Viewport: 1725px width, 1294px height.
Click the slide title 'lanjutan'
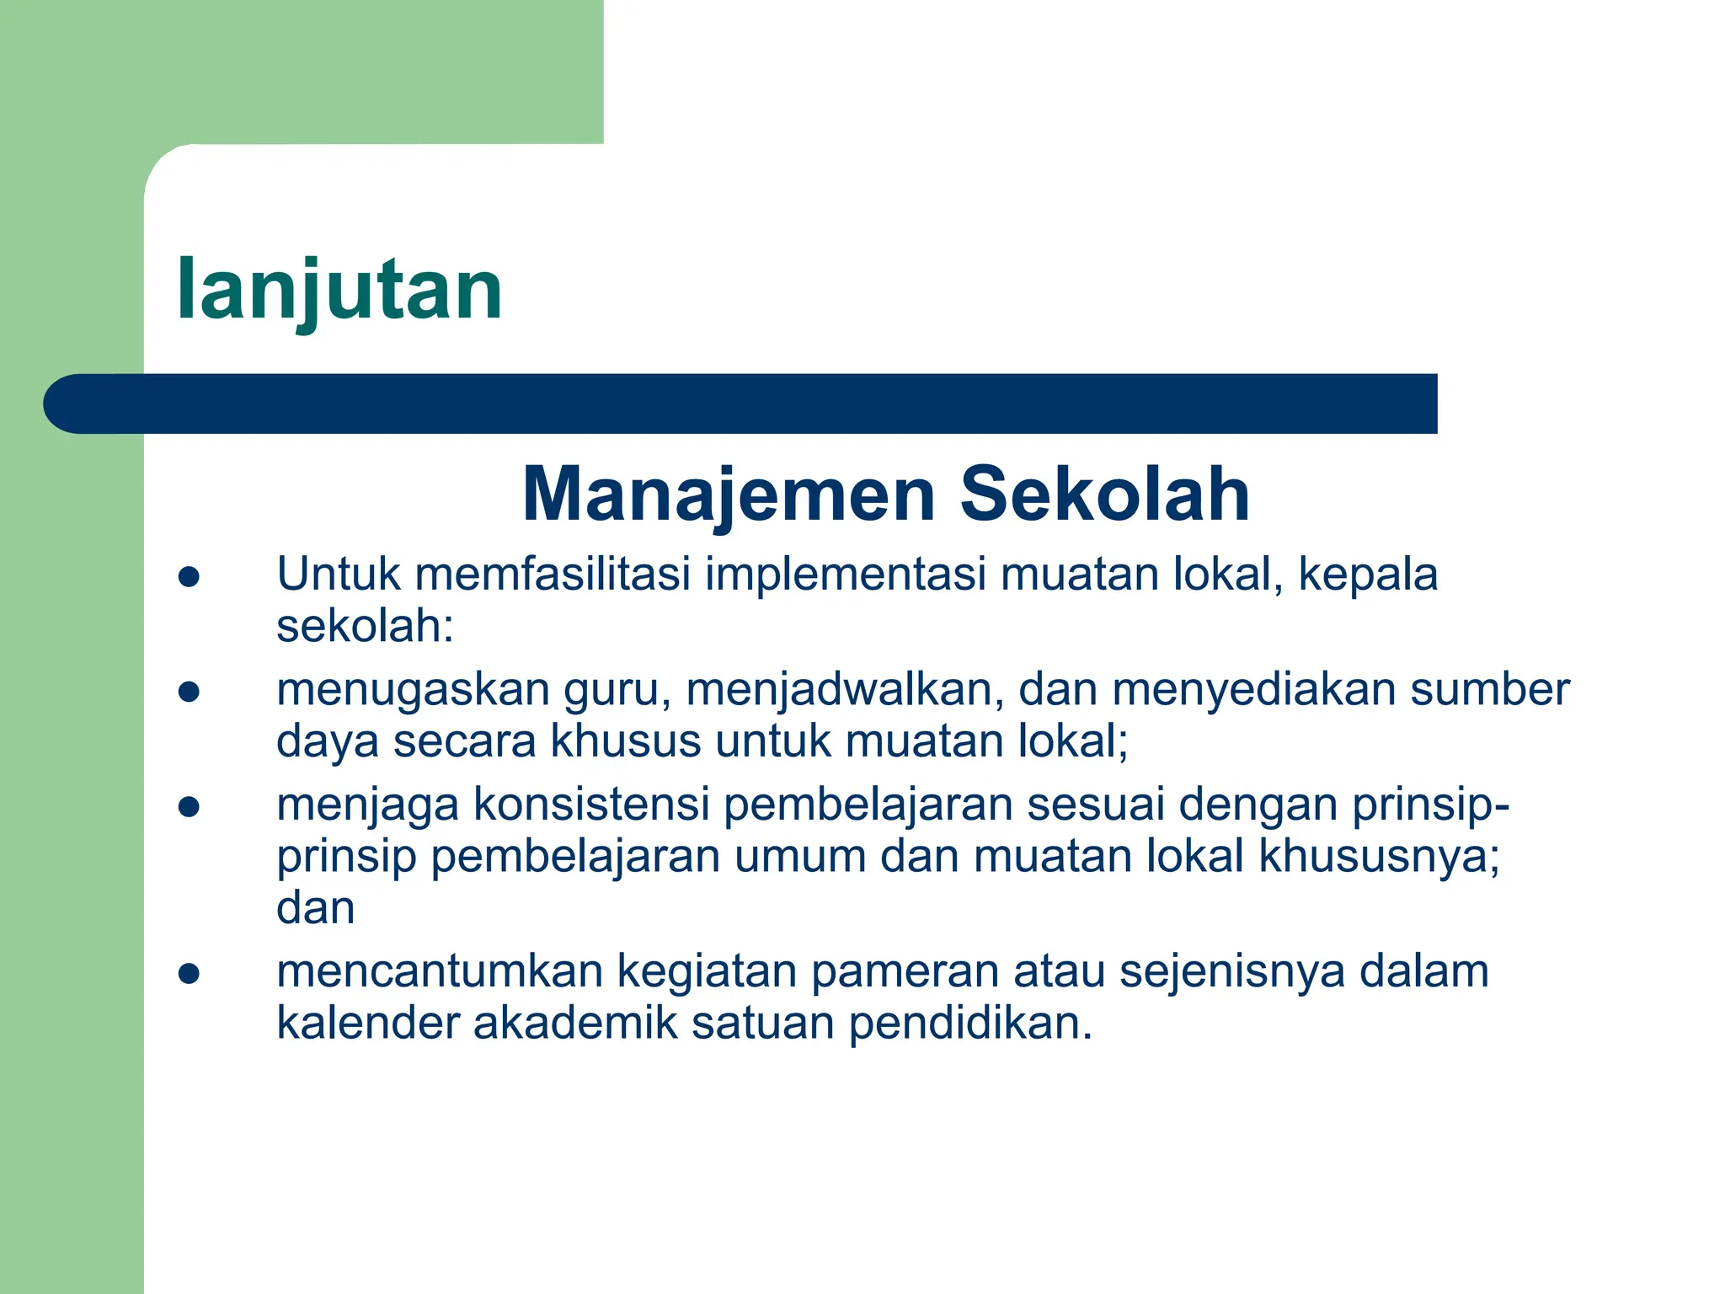click(x=339, y=291)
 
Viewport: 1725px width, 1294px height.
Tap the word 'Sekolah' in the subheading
click(x=1104, y=495)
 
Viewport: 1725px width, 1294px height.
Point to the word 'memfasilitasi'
click(x=553, y=575)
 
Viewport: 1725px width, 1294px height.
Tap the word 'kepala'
click(x=1368, y=576)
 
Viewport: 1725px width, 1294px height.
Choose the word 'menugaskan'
click(x=413, y=691)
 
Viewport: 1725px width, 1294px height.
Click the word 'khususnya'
click(x=1379, y=858)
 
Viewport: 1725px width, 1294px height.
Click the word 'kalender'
click(x=367, y=1024)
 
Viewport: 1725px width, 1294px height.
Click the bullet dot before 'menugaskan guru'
click(x=189, y=692)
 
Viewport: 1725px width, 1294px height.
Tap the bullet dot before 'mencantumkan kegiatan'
click(x=189, y=975)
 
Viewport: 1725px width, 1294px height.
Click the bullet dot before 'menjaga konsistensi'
click(x=189, y=807)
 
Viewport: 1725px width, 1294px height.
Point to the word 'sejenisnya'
click(x=1232, y=973)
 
